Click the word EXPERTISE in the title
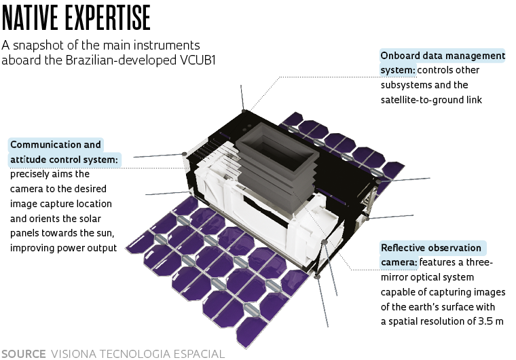(107, 18)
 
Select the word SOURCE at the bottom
(23, 354)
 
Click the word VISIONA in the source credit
(74, 354)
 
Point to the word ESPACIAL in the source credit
(199, 354)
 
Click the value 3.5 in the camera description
(485, 321)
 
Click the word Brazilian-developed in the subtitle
(121, 60)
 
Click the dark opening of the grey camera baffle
(279, 148)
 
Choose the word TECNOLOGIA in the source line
(135, 354)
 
